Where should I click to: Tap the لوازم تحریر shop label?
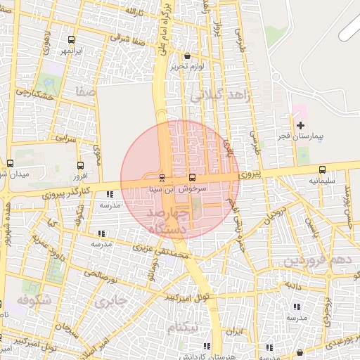point(186,67)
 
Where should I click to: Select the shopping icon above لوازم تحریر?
point(186,56)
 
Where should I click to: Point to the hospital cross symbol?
point(301,125)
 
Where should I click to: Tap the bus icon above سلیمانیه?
point(322,169)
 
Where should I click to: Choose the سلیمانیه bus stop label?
point(321,181)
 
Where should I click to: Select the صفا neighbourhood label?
point(87,91)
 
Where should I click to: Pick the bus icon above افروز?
point(78,163)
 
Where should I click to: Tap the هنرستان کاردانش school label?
point(205,356)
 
